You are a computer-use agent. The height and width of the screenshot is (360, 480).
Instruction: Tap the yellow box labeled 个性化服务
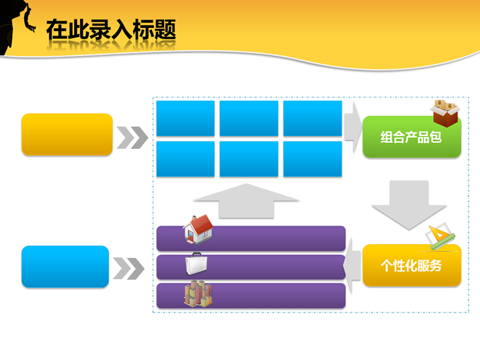(x=411, y=265)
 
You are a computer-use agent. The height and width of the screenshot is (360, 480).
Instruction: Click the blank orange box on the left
(x=67, y=135)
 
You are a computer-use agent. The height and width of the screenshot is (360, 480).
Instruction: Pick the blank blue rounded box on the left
(x=65, y=266)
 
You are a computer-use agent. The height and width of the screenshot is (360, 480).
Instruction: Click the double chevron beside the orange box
(x=132, y=138)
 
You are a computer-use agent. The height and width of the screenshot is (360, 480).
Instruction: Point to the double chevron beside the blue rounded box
(x=129, y=268)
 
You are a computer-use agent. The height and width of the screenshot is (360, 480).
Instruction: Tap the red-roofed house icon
(x=198, y=228)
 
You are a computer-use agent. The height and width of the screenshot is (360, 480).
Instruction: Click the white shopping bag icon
(x=197, y=264)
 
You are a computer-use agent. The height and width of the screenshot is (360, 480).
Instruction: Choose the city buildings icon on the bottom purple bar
(x=197, y=293)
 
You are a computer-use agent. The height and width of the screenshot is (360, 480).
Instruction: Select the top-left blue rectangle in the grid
(x=185, y=118)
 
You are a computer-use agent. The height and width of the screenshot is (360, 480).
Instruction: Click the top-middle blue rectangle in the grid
(x=249, y=118)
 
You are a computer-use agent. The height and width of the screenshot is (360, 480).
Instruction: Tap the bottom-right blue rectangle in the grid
(x=312, y=159)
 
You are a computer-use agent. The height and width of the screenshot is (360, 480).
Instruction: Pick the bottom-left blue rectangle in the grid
(x=185, y=159)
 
